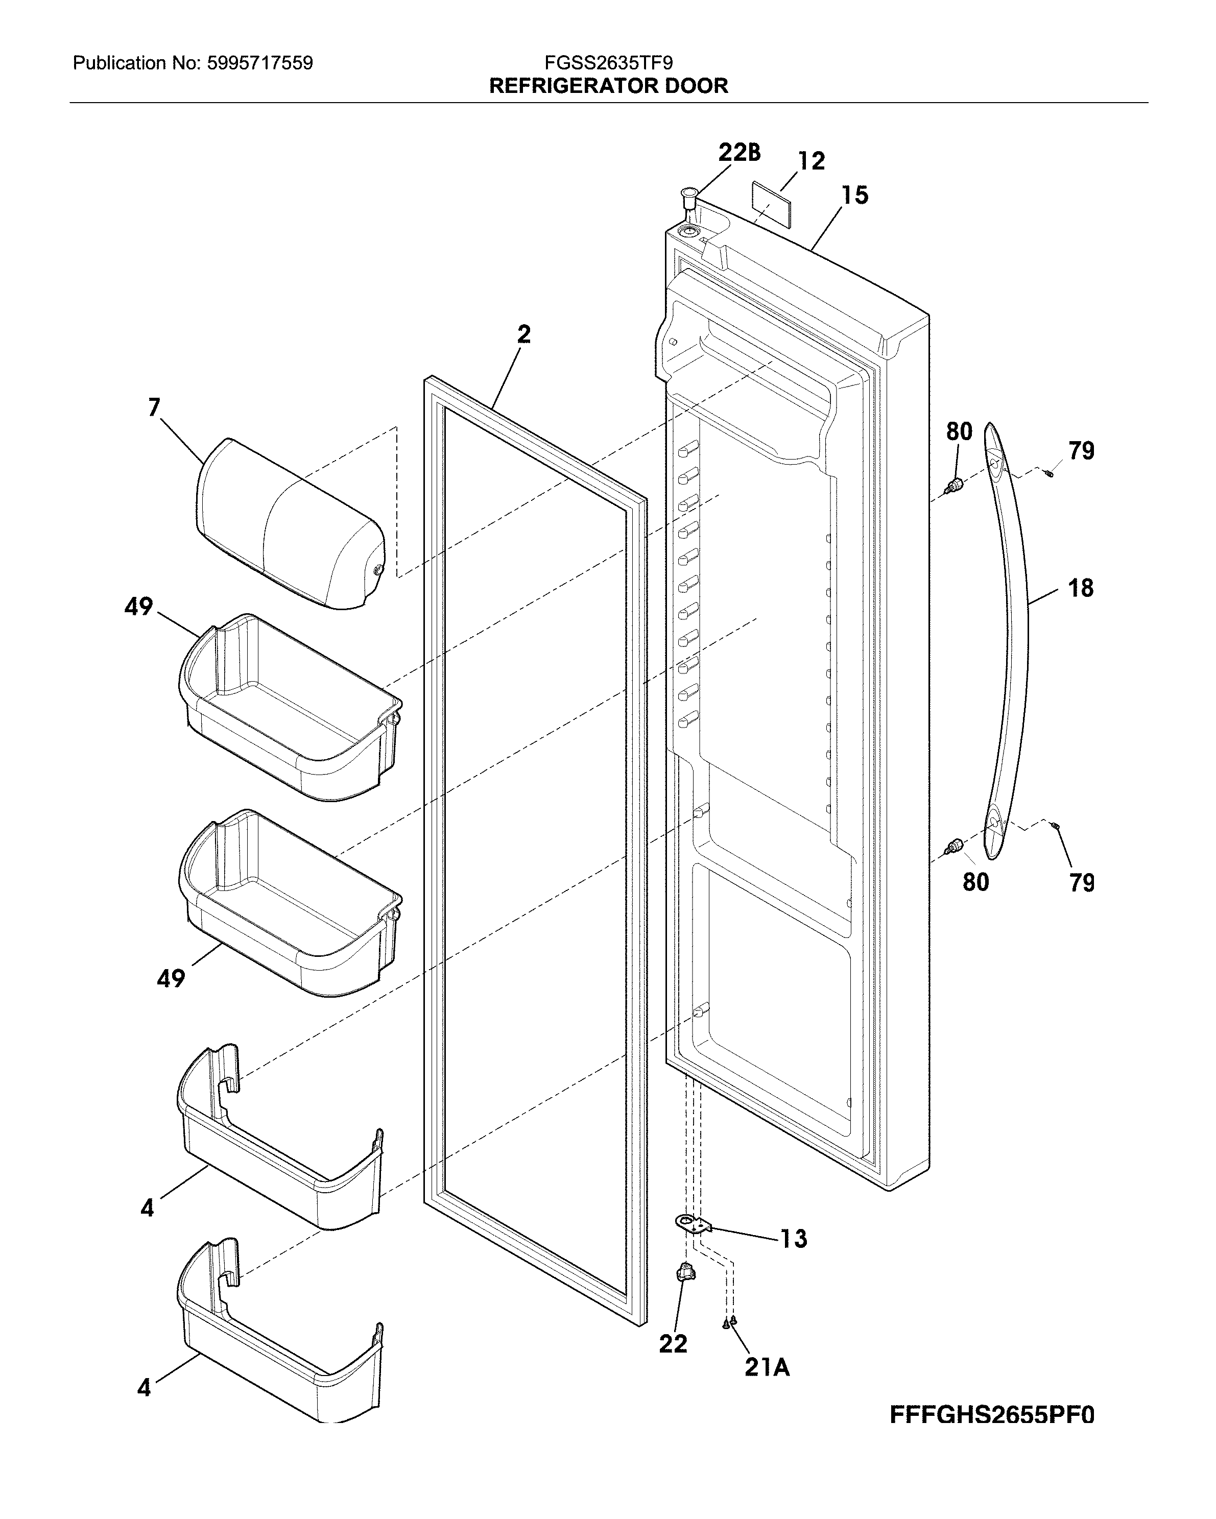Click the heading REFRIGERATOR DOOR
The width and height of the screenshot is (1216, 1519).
pyautogui.click(x=608, y=86)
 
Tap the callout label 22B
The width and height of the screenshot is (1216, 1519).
pyautogui.click(x=739, y=152)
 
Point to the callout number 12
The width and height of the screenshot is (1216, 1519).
pyautogui.click(x=811, y=161)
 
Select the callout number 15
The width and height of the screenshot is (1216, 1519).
pyautogui.click(x=854, y=195)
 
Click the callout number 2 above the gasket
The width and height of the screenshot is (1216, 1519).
pyautogui.click(x=523, y=334)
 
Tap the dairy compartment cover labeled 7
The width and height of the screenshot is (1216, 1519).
pyautogui.click(x=289, y=525)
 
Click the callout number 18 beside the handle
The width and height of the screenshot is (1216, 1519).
pyautogui.click(x=1081, y=588)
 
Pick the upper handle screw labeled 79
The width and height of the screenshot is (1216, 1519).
pyautogui.click(x=1048, y=473)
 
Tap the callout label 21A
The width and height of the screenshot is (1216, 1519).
pyautogui.click(x=767, y=1367)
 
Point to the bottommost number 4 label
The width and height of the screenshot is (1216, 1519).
pyautogui.click(x=145, y=1387)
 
